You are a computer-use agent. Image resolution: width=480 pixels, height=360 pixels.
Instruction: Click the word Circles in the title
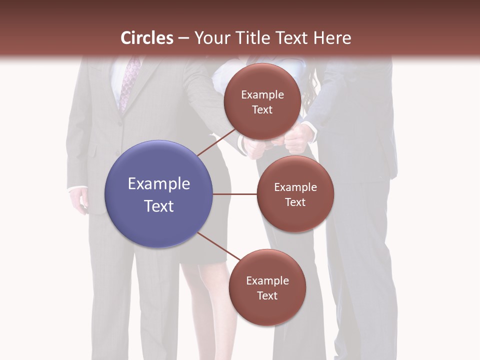147,38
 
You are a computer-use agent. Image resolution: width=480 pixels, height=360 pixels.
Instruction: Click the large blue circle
159,194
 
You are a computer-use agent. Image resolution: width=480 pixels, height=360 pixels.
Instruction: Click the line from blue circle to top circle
216,141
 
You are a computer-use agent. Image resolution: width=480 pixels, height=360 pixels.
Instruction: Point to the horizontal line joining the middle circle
234,194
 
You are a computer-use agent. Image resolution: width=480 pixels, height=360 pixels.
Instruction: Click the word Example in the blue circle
159,184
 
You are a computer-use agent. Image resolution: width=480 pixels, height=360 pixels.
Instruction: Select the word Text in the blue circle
159,206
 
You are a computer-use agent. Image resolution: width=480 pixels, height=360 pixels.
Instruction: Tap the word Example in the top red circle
262,95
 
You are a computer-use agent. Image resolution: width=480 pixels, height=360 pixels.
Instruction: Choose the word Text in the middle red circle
295,202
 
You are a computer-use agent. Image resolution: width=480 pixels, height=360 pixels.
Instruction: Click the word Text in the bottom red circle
267,296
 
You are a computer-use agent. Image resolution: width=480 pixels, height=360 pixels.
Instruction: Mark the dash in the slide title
183,38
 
